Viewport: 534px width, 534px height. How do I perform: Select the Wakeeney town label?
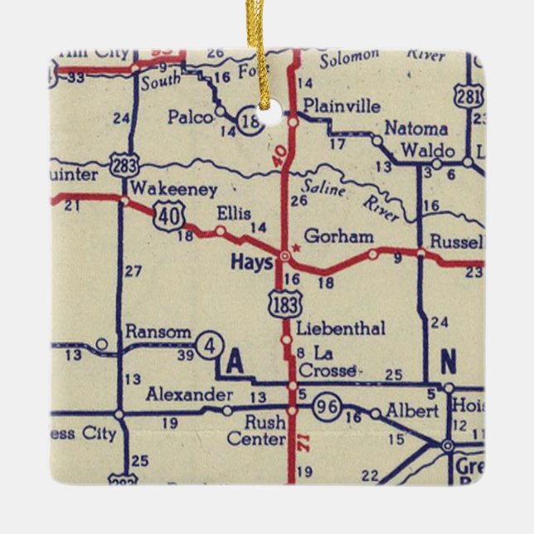click(x=163, y=187)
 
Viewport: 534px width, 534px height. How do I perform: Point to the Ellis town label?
click(x=234, y=213)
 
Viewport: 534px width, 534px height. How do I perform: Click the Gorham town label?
click(x=338, y=236)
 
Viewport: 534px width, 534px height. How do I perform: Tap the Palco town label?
click(x=190, y=117)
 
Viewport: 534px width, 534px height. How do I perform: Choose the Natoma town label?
click(x=416, y=129)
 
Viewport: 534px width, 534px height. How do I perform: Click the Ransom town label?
click(x=158, y=332)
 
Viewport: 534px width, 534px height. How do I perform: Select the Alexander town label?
click(x=188, y=394)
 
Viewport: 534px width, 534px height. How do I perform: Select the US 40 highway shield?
click(x=168, y=217)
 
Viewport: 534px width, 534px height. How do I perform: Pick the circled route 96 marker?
click(x=326, y=406)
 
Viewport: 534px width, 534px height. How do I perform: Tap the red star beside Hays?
click(x=295, y=247)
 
